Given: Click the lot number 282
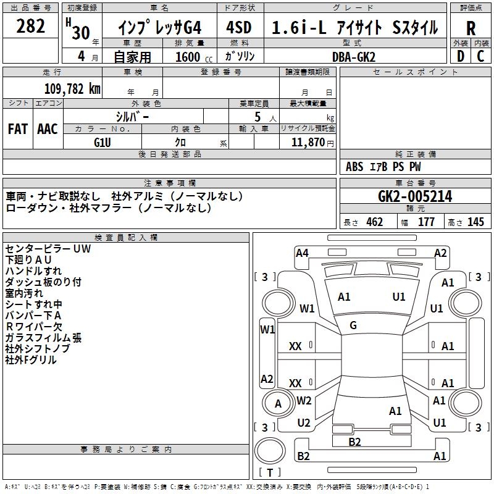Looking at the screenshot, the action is [x=30, y=26].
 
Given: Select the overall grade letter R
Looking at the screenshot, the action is [x=471, y=28].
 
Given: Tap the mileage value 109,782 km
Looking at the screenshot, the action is [x=72, y=88].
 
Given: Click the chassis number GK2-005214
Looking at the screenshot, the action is [x=415, y=196].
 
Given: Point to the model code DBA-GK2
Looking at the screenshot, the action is [x=354, y=57].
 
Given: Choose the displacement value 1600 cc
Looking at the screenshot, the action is [x=194, y=57].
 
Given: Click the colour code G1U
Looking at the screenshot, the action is [x=103, y=143].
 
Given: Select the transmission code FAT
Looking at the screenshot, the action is [x=18, y=129].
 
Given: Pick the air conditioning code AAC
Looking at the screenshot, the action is [x=48, y=129].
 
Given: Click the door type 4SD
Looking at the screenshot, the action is [x=239, y=27].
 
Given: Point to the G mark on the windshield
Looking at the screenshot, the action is [x=353, y=325].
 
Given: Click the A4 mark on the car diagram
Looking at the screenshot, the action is [x=302, y=253].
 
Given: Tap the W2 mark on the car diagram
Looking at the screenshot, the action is [x=304, y=400].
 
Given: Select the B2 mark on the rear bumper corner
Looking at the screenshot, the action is [x=303, y=456].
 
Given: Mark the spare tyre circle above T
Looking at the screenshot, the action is [x=254, y=451].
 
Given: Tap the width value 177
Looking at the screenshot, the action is [x=426, y=222].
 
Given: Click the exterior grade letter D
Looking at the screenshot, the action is [x=461, y=56].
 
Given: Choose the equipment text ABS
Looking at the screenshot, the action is [x=354, y=167].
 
